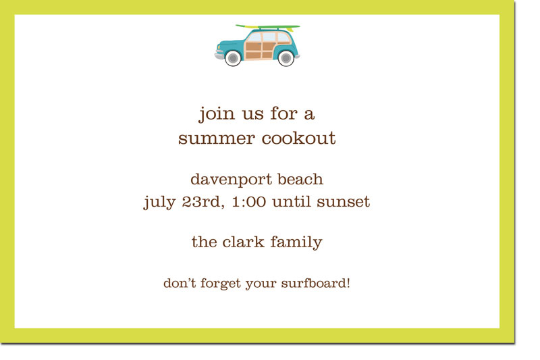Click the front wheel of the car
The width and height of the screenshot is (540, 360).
tap(233, 58)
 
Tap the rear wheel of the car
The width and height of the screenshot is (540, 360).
tap(286, 58)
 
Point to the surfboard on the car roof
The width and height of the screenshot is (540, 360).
tap(267, 27)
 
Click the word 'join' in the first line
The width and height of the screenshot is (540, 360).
tap(216, 113)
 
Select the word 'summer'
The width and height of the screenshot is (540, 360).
tap(216, 139)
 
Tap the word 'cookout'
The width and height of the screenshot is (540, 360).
tap(298, 138)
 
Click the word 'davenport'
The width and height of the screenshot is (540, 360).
tap(232, 180)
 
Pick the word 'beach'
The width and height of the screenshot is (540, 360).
tap(300, 179)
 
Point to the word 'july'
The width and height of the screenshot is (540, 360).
tap(159, 202)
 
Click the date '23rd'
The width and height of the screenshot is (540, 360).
tap(203, 201)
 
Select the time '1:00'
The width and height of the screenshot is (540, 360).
tap(248, 201)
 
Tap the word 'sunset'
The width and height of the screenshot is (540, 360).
tap(343, 202)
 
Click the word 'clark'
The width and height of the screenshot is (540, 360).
tap(243, 242)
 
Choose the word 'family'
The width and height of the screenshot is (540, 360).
tap(296, 242)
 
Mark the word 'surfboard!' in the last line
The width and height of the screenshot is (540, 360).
tap(315, 283)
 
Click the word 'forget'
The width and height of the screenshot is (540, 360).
tap(221, 284)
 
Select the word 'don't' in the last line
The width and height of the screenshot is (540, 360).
tap(180, 283)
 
